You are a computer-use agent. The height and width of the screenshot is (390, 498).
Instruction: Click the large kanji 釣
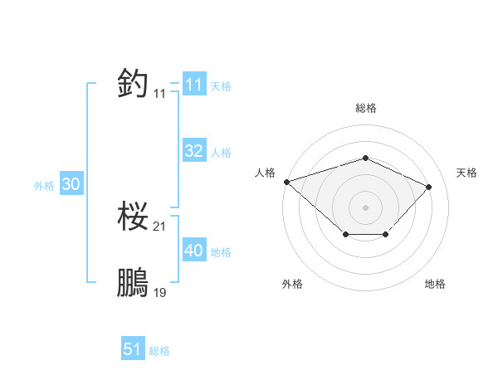coord(134,83)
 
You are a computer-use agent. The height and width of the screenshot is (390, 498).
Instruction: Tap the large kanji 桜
coord(134,217)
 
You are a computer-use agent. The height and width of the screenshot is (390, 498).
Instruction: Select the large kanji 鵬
coord(134,283)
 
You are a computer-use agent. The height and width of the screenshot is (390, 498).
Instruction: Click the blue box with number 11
coord(193,85)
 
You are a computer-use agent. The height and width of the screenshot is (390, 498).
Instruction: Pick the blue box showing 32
coord(193,151)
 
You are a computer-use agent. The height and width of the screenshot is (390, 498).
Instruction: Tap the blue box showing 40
coord(193,251)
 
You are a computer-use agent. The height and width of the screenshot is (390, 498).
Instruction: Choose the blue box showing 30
coord(71,185)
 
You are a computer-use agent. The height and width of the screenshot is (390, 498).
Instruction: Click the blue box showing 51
coord(132,349)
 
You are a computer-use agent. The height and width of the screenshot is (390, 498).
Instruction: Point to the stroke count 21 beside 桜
coord(160,227)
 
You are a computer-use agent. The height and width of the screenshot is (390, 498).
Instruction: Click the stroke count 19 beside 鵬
coord(160,292)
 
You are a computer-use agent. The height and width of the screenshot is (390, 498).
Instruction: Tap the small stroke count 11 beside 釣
coord(160,94)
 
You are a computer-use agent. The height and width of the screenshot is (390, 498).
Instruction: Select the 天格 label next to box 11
coord(221,86)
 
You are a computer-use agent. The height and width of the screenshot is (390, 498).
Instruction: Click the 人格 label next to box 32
coord(221,153)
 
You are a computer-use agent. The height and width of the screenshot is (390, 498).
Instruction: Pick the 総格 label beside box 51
coord(159,351)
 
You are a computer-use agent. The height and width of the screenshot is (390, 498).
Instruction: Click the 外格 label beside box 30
coord(44,187)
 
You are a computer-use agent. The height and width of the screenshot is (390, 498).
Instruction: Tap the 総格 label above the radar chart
coord(365,108)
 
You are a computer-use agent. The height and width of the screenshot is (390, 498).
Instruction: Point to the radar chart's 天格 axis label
coord(467,173)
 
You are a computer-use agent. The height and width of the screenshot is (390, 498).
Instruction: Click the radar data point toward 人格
coord(286,181)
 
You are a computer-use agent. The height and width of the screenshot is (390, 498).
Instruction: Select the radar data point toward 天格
coord(428,187)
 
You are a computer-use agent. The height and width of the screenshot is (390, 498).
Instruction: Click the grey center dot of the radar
coord(365,207)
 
